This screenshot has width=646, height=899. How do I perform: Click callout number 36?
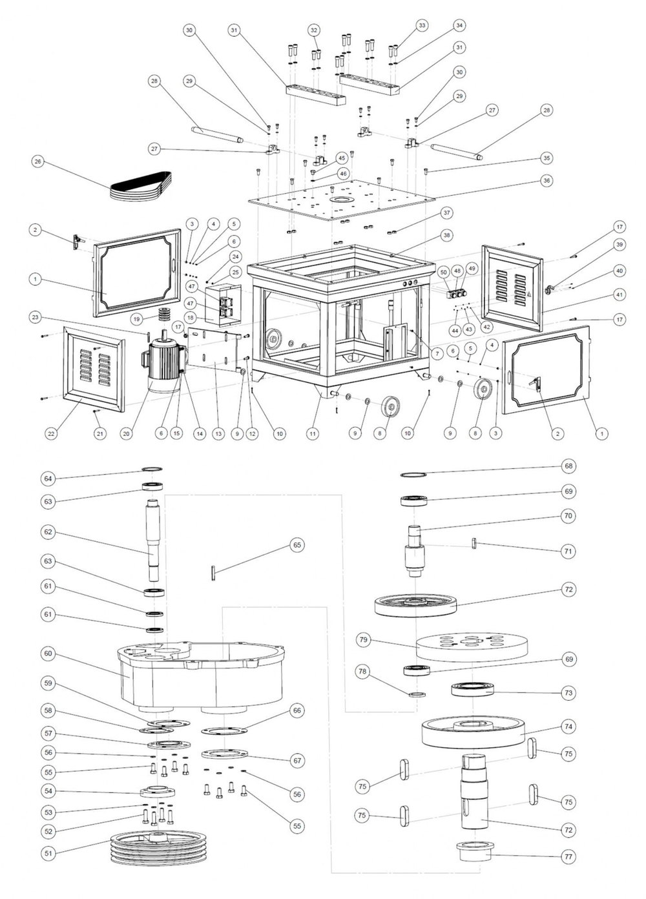[x=547, y=181]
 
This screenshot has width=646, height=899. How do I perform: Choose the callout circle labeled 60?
[x=48, y=654]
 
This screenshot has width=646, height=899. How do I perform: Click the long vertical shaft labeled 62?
[x=154, y=539]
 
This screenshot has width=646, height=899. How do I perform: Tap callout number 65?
[x=297, y=544]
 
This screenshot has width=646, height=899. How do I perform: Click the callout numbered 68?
[x=568, y=466]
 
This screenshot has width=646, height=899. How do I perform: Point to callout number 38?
[x=446, y=235]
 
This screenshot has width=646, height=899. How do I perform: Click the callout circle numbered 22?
[x=52, y=433]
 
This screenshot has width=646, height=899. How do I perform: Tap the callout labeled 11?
[x=313, y=433]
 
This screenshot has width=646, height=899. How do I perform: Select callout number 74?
[x=568, y=726]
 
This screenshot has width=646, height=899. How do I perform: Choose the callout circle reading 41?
[x=620, y=294]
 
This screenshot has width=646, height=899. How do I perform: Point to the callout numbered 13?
[x=218, y=433]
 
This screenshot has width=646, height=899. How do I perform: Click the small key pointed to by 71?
[x=474, y=544]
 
